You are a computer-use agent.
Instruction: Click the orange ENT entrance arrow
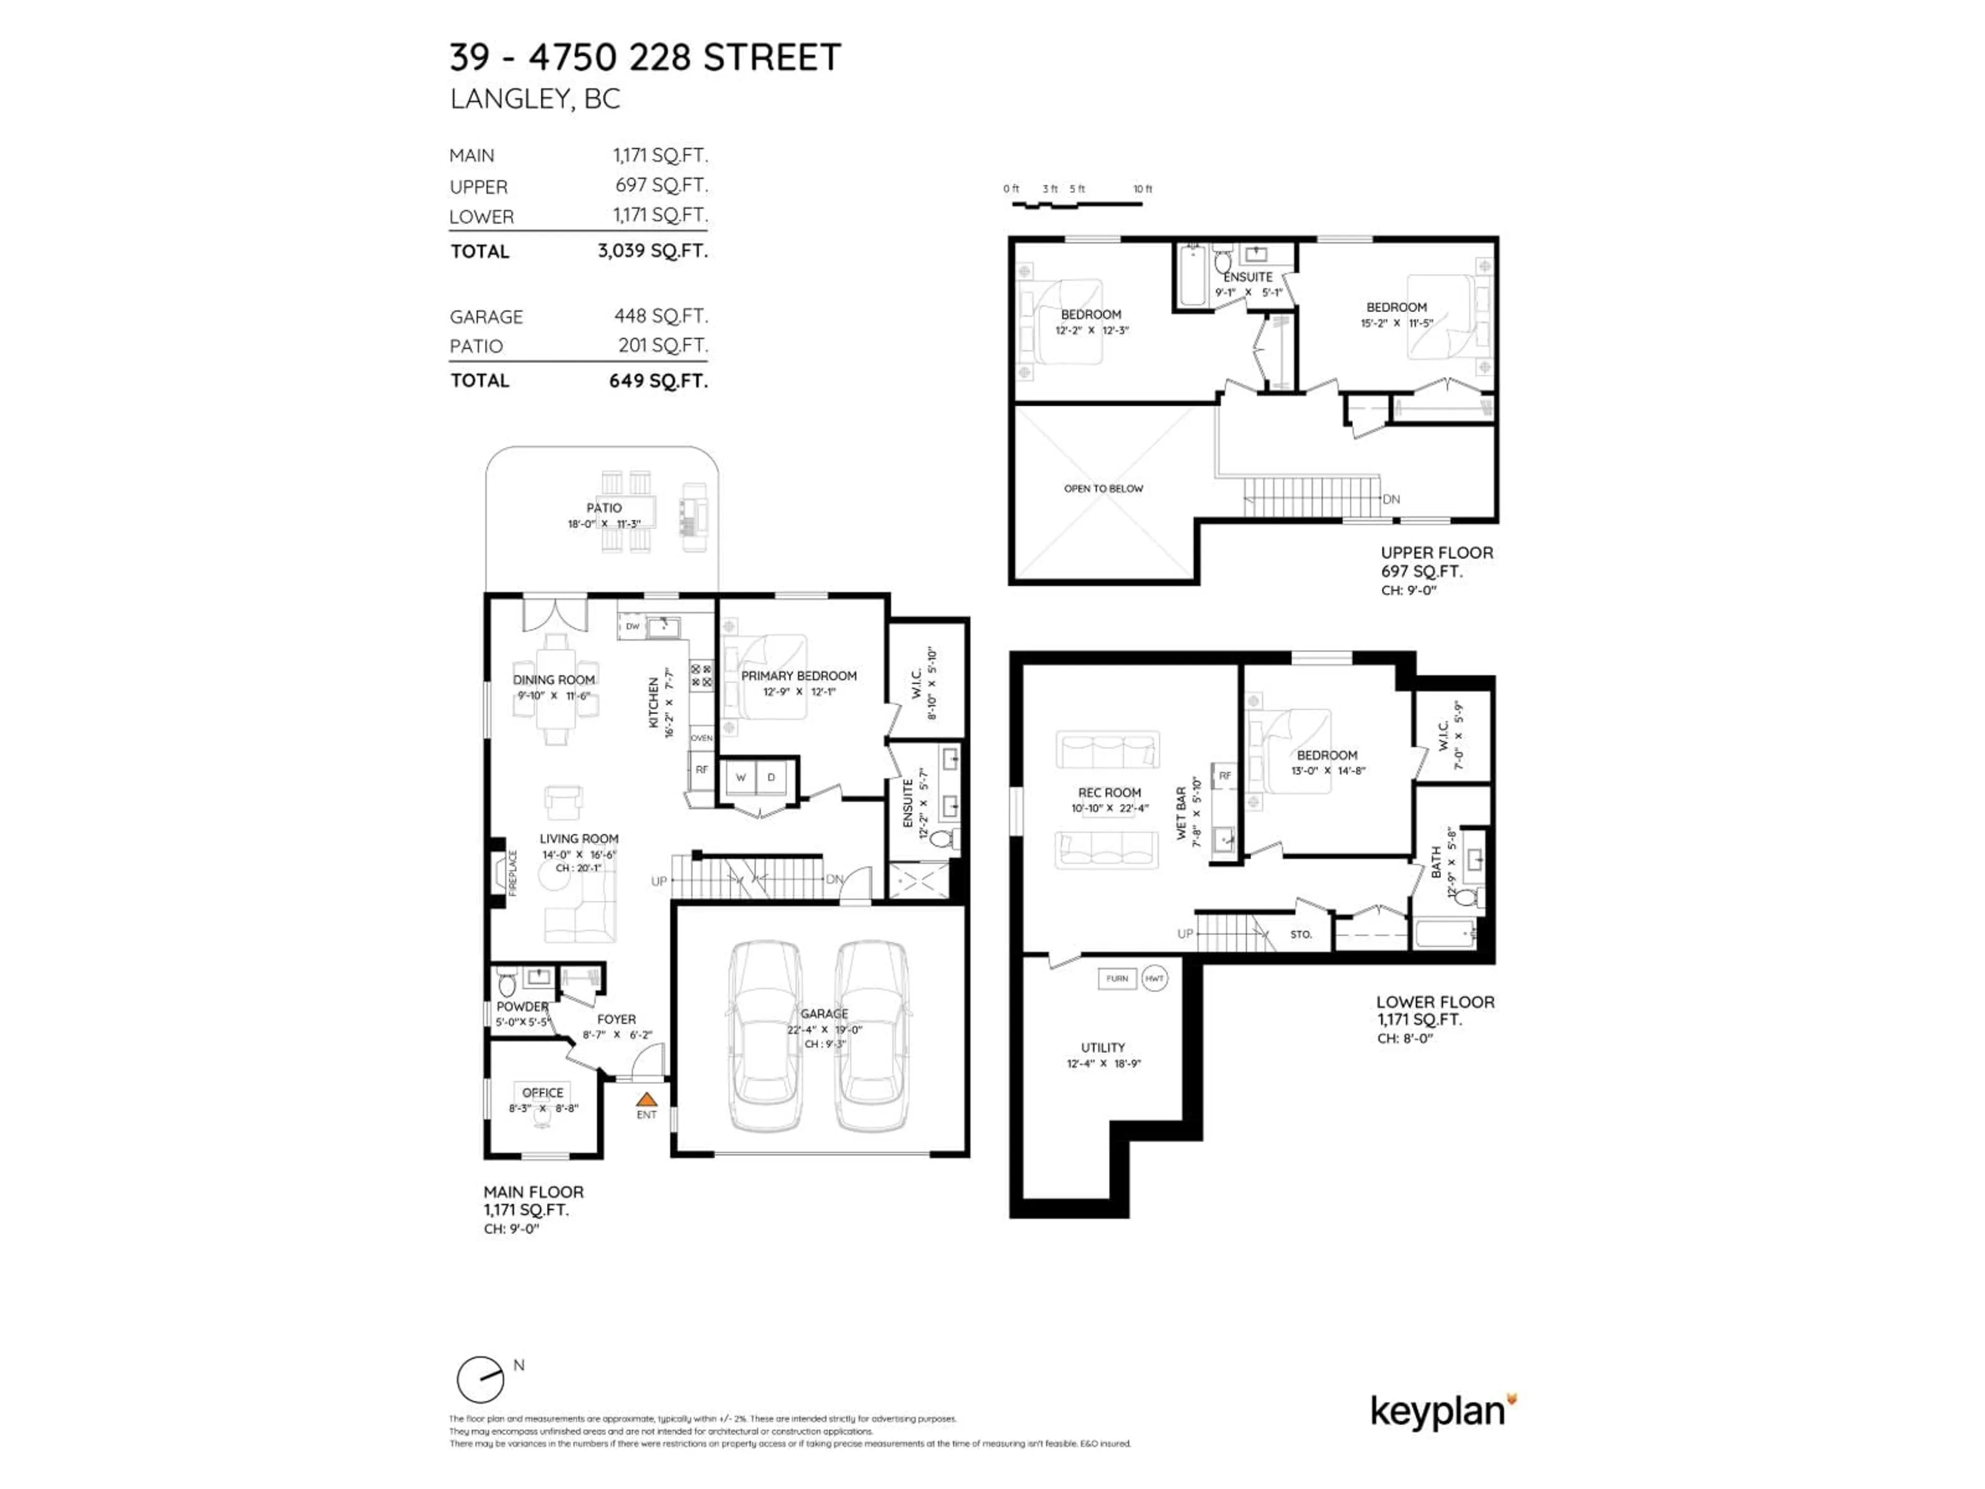pos(646,1100)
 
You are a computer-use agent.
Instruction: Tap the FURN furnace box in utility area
pos(1117,978)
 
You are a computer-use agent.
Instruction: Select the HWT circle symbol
pos(1155,978)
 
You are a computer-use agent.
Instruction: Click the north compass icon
pos(481,1379)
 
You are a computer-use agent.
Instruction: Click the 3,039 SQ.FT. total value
pos(652,250)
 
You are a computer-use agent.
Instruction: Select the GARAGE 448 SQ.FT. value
pos(661,316)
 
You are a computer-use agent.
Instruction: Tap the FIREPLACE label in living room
pos(513,872)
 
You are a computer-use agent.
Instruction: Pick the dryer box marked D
pos(771,777)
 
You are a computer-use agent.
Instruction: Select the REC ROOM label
pos(1109,793)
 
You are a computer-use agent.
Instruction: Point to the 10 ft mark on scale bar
pos(1141,189)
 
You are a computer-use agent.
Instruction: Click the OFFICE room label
pos(542,1092)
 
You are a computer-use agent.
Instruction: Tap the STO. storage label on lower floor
pos(1300,934)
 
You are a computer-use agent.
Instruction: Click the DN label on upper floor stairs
pos(1391,499)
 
